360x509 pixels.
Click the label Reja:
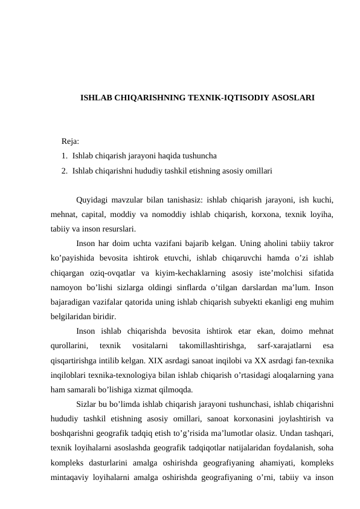pyautogui.click(x=70, y=141)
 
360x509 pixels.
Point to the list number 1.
pyautogui.click(x=63, y=156)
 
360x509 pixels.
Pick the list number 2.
pyautogui.click(x=63, y=171)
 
